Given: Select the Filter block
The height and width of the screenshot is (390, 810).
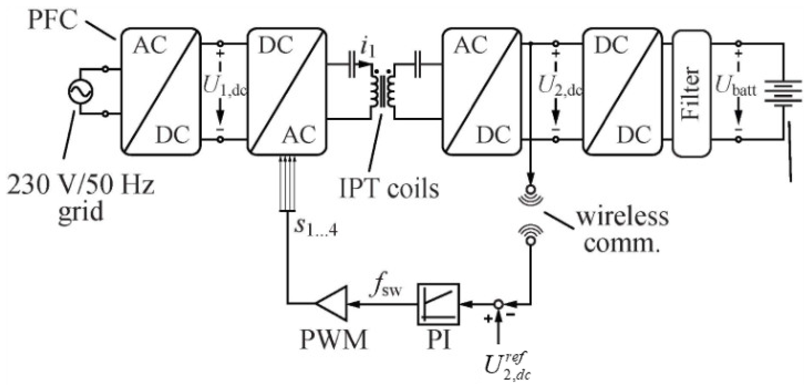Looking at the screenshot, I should tap(692, 93).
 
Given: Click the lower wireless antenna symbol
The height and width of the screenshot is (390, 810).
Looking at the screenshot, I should tap(531, 234).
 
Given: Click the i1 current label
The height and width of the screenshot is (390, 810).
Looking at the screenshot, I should tap(368, 50).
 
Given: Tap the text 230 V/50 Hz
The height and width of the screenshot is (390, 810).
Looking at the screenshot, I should tap(81, 185).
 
